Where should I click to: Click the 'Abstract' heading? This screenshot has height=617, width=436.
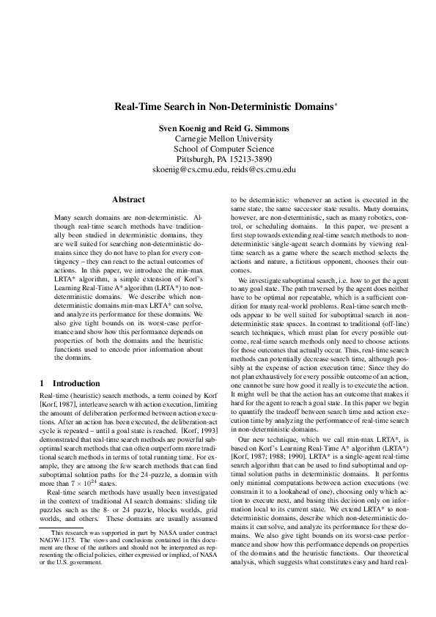coord(128,199)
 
